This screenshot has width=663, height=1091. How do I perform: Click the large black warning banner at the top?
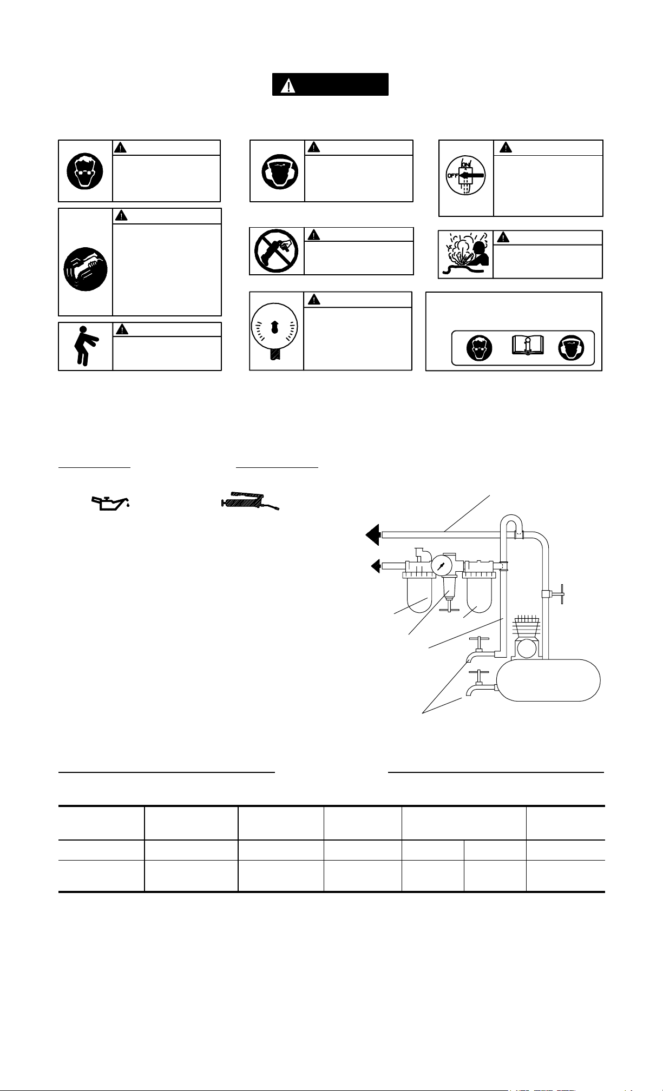[x=330, y=84]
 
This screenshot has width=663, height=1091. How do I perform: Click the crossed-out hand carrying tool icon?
[x=276, y=252]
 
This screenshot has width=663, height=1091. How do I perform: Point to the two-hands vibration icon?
[x=85, y=269]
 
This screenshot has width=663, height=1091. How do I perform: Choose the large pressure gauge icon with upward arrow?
[x=276, y=332]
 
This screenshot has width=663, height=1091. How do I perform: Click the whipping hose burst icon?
[x=465, y=254]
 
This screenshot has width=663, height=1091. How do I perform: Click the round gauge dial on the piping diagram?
[x=442, y=566]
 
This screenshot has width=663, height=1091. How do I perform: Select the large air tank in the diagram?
[x=549, y=680]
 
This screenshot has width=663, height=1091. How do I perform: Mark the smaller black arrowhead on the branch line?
[x=376, y=566]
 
